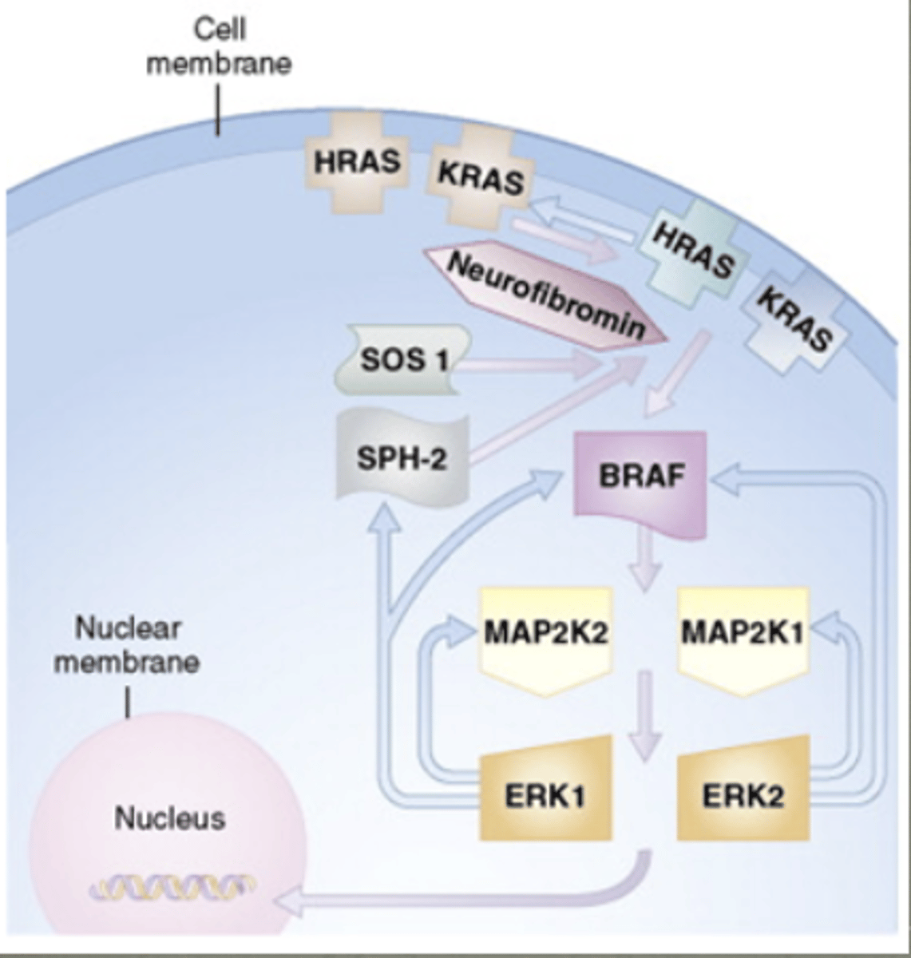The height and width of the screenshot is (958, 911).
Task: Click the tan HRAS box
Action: point(356,163)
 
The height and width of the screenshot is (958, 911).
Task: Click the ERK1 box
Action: point(546,794)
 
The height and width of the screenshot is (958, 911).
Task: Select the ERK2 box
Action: point(743,794)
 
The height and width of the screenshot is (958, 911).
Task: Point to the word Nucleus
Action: point(169,818)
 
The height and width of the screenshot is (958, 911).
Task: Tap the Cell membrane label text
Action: point(219,47)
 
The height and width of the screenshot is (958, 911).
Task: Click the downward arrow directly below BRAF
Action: point(645,563)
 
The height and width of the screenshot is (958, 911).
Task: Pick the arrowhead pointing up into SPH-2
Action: point(386,519)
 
